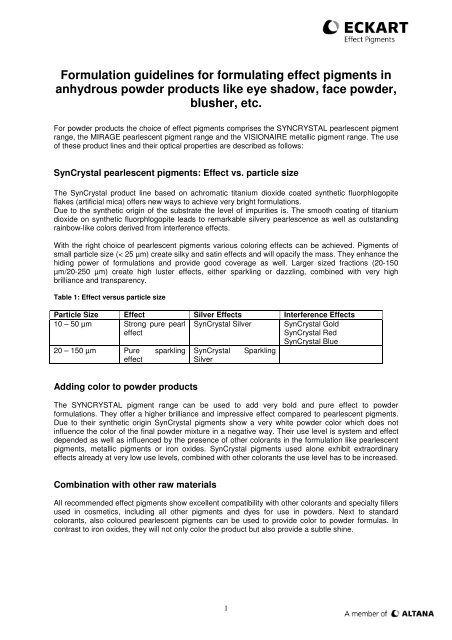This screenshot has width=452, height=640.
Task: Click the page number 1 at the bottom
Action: (x=226, y=602)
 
